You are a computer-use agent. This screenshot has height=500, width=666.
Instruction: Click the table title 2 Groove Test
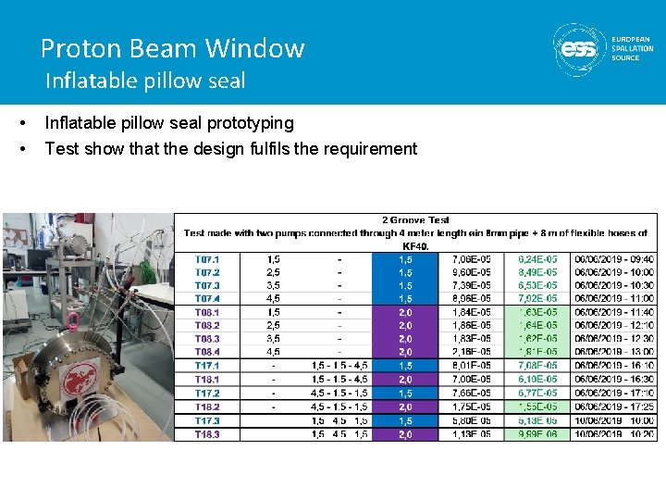415,220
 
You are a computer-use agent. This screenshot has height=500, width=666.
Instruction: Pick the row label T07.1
207,259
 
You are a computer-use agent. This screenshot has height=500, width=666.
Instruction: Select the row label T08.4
207,352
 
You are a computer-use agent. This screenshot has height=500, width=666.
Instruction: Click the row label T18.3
207,434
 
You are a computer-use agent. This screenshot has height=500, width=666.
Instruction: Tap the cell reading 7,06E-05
471,259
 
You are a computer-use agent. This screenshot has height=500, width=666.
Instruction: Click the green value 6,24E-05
537,259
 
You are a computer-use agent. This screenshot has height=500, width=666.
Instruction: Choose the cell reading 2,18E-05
471,352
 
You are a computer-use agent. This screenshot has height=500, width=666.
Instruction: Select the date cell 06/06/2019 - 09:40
613,259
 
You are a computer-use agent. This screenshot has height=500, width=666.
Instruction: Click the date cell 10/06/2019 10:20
613,434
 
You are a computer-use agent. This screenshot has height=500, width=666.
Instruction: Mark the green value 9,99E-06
537,434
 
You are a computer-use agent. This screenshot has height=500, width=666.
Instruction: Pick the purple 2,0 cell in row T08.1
404,313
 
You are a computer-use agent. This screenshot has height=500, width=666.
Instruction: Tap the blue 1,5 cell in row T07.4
404,299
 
